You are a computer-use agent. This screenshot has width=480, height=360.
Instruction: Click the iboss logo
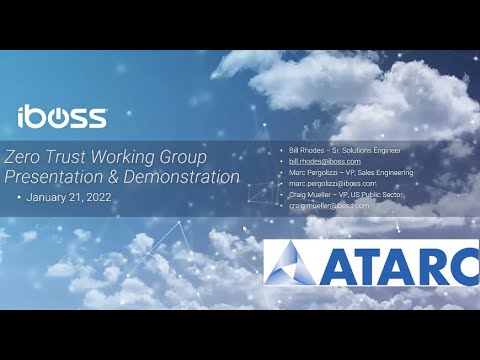click(x=62, y=116)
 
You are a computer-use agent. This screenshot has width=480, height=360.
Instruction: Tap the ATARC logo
click(x=372, y=261)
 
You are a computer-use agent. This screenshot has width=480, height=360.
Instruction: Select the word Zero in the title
click(x=25, y=157)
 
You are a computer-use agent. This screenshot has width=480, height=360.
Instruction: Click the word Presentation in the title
click(x=56, y=177)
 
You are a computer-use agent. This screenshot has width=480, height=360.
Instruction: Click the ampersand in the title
click(x=117, y=177)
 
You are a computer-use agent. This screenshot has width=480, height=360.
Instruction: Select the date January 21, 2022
click(x=66, y=198)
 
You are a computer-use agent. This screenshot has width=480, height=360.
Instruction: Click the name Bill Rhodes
click(x=301, y=150)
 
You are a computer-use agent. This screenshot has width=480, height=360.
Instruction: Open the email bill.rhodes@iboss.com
click(x=325, y=161)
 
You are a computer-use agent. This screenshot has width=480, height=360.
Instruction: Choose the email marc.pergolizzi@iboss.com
click(x=332, y=183)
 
